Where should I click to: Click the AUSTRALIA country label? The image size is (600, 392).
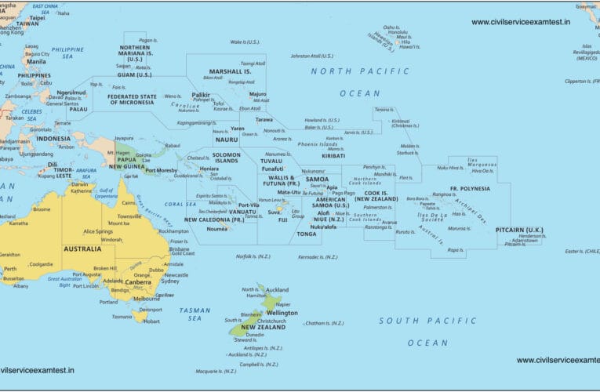[x=82, y=249]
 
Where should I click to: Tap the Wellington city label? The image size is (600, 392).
[x=282, y=313]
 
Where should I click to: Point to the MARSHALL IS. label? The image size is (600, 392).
[x=230, y=71]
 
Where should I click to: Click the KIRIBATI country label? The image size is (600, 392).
[x=333, y=155]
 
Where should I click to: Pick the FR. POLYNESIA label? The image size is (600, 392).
[x=469, y=190]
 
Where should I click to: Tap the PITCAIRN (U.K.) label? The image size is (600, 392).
[x=519, y=230]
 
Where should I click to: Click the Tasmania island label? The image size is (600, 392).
[x=122, y=317]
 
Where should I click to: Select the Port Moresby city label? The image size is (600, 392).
[x=161, y=170]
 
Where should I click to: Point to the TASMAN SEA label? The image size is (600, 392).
[x=195, y=314]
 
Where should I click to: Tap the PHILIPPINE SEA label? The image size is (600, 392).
[x=67, y=53]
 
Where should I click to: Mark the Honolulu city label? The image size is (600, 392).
[x=398, y=34]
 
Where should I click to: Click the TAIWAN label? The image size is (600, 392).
[x=27, y=24]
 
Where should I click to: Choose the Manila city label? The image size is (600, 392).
[x=36, y=61]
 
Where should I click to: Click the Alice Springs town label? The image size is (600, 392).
[x=98, y=231]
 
